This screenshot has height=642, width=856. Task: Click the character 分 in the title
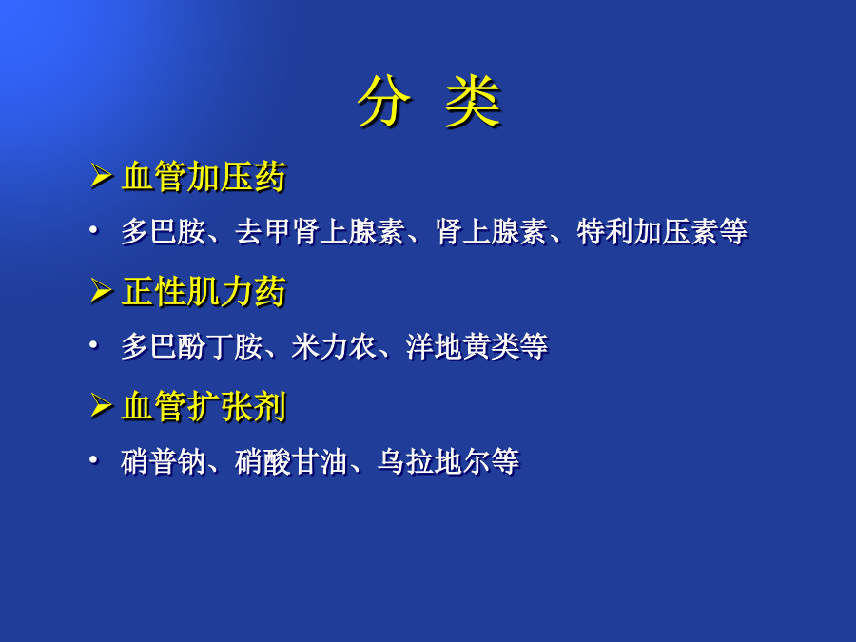(x=384, y=101)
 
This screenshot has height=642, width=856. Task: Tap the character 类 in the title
(x=473, y=101)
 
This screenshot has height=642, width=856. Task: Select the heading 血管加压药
(x=204, y=176)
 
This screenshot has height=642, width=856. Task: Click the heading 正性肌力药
(x=204, y=291)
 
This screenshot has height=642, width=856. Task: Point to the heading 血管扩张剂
(x=204, y=406)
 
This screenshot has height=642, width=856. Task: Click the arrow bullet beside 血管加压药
(x=101, y=176)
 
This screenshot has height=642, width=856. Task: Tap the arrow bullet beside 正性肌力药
(x=101, y=290)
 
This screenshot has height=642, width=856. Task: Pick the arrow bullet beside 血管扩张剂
(x=101, y=405)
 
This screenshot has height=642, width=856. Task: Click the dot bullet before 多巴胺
(x=93, y=230)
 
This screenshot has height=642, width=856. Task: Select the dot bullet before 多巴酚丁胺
(x=93, y=345)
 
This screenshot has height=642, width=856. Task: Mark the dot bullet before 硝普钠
(x=93, y=460)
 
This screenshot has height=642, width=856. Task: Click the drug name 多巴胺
(x=164, y=231)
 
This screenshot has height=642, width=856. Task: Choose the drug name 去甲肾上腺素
(x=320, y=231)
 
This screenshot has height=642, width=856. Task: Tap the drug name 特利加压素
(x=648, y=231)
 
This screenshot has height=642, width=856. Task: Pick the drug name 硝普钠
(x=164, y=461)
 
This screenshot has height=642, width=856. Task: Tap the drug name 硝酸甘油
(x=292, y=461)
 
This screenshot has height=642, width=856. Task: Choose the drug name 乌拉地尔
(x=434, y=461)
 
